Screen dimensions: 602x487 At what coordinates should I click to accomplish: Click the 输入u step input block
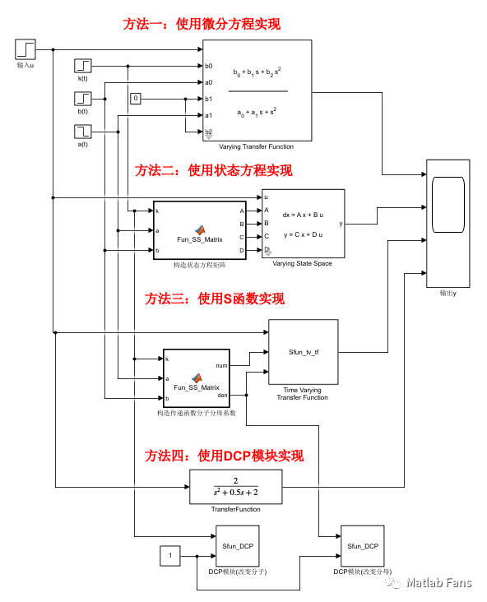[x=26, y=49]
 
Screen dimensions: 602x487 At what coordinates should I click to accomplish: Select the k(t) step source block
[x=83, y=66]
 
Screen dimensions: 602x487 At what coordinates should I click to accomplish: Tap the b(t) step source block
[x=83, y=99]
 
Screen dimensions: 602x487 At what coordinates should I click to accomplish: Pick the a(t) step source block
[x=83, y=131]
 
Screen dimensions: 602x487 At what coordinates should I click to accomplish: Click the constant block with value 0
[x=136, y=99]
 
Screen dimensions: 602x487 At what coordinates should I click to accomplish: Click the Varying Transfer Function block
[x=256, y=90]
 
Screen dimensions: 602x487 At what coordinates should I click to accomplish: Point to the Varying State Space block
[x=303, y=224]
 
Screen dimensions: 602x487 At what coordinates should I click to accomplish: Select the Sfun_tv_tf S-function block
[x=304, y=351]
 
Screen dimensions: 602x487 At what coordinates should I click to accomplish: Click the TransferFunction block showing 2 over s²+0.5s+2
[x=235, y=486]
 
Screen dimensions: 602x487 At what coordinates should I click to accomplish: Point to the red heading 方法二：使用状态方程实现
[x=214, y=170]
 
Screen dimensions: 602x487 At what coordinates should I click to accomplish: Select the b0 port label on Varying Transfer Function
[x=209, y=66]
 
